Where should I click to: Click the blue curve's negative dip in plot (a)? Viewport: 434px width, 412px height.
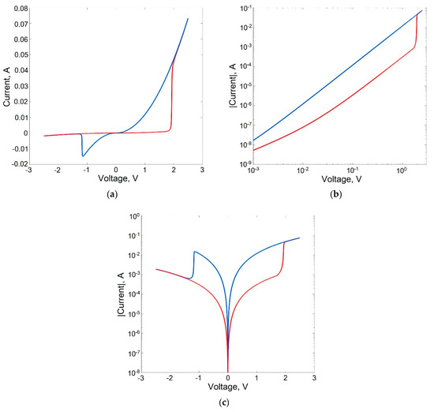83,155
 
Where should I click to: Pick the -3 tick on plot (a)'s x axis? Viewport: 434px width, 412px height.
28,170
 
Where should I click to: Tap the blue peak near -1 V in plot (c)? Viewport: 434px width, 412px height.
194,253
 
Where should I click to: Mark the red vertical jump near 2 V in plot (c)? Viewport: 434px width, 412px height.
283,257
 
